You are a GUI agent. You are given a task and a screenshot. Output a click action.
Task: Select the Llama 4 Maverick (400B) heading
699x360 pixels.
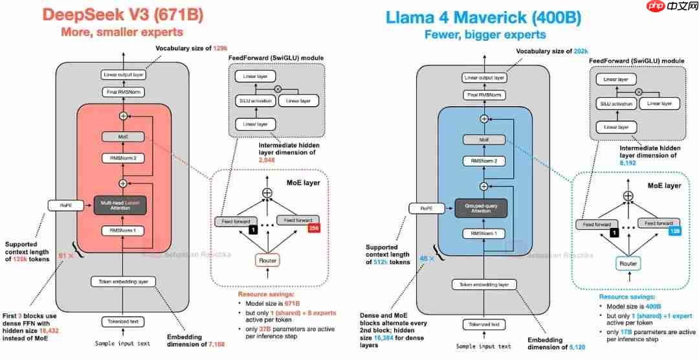pyautogui.click(x=482, y=17)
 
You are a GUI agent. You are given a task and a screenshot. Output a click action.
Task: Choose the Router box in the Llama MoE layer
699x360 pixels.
pyautogui.click(x=627, y=264)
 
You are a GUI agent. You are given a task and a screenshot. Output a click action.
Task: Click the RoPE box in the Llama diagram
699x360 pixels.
pyautogui.click(x=421, y=208)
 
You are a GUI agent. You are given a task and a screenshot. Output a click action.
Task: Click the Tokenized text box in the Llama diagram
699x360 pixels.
pyautogui.click(x=483, y=324)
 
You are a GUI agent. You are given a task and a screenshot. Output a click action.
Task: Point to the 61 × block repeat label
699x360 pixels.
pyautogui.click(x=66, y=255)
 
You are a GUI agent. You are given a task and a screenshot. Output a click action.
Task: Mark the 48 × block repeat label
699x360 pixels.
pyautogui.click(x=425, y=258)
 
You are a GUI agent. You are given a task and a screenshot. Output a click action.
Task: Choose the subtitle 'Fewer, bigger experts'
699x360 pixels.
pyautogui.click(x=482, y=36)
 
